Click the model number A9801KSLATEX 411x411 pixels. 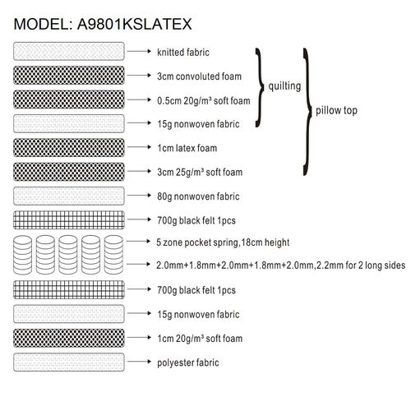coord(134,24)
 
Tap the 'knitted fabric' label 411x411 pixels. coord(183,52)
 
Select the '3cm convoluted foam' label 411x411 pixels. coord(199,76)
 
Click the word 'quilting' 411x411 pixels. coord(284,86)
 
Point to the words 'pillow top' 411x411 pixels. coord(336,110)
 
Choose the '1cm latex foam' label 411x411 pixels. coord(187,148)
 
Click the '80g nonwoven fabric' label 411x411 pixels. coord(198,196)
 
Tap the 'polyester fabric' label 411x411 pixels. coord(188,363)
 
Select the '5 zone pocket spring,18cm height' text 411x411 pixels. coord(223,242)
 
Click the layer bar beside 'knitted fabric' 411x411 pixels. coord(69,51)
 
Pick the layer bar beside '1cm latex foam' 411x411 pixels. coord(69,148)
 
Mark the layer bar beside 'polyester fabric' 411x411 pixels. coord(69,363)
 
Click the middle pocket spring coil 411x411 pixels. coord(68,255)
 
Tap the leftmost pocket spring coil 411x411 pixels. coord(22,255)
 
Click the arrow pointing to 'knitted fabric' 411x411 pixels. coord(139,51)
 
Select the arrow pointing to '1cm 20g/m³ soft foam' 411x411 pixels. coord(139,338)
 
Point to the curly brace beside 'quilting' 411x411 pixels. coord(260,88)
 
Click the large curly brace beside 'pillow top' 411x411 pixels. coord(307,112)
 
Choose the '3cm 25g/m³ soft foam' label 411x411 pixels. coord(200,173)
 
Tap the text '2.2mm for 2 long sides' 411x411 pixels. coord(360,266)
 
